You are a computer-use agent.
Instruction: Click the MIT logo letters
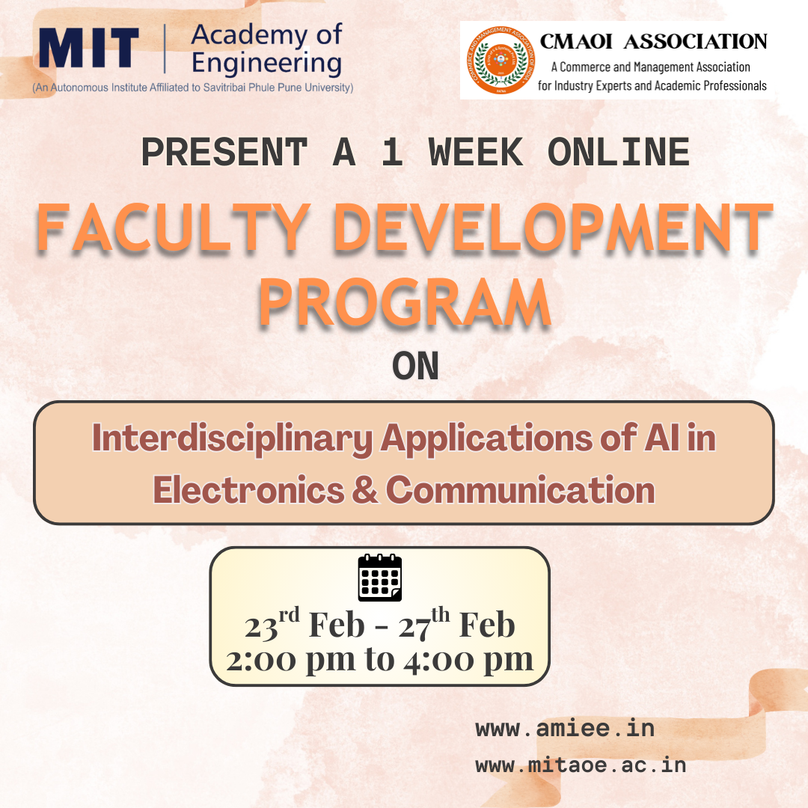[x=89, y=48]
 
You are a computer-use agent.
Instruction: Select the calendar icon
[x=380, y=578]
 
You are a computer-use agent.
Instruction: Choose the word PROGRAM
[x=405, y=302]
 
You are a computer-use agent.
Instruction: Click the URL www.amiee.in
[x=565, y=728]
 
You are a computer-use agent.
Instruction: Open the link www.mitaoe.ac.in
[x=581, y=765]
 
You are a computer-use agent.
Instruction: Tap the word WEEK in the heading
[x=476, y=152]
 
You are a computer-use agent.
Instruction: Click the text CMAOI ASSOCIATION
[x=654, y=41]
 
